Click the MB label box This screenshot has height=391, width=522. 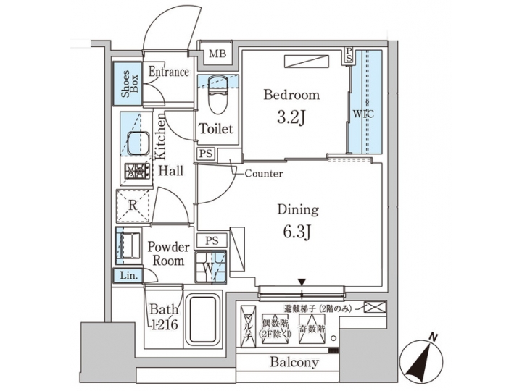point(216,54)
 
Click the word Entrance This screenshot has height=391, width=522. point(168,72)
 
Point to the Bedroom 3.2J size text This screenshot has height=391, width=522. point(291,115)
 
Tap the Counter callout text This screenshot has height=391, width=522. point(263,174)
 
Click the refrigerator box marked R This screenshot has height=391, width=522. point(133,205)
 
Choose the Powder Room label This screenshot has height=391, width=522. point(168,253)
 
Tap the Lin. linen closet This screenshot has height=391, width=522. point(126,275)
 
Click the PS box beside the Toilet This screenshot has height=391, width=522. point(206,154)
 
